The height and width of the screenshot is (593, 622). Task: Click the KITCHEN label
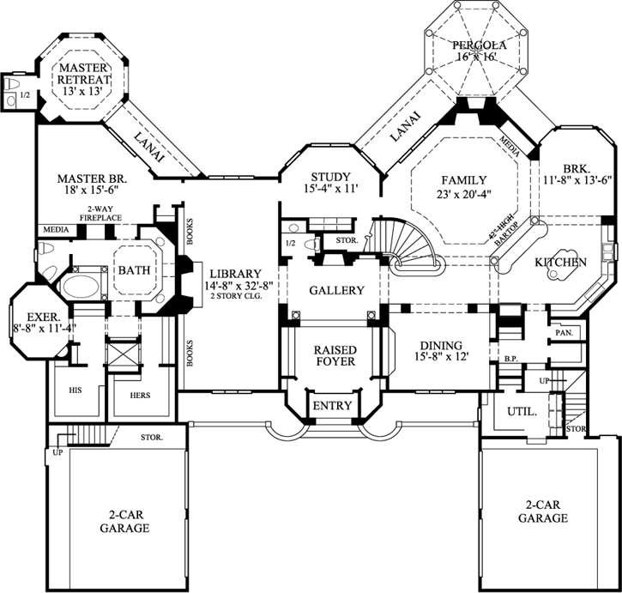(561, 262)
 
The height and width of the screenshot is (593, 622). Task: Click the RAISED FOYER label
(335, 357)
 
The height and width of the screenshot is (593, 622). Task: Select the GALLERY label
(335, 291)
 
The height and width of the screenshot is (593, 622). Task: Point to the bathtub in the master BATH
(82, 284)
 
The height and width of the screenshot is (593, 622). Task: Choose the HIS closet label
(75, 389)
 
